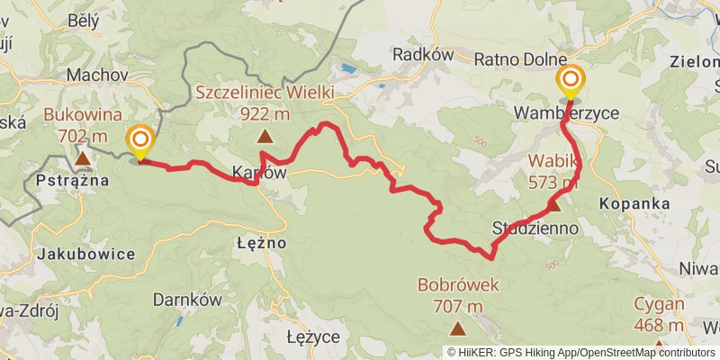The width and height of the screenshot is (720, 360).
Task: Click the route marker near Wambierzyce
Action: pos(570,82)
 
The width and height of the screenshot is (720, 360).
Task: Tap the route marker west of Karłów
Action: pos(140,141)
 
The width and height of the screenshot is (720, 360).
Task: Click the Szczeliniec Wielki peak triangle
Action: pos(265,137)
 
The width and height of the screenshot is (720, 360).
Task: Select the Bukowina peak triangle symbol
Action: pos(83,158)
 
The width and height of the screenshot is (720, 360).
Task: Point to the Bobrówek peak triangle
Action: pos(458,329)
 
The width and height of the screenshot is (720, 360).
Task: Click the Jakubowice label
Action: pos(86,254)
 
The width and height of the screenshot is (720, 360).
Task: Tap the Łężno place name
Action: pos(261,242)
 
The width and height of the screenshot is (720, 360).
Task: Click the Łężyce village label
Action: pos(312,337)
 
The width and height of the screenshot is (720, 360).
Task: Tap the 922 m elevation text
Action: pos(265,113)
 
